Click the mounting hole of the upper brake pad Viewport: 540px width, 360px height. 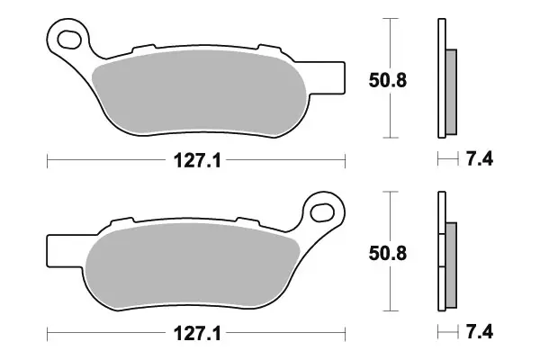click(x=68, y=38)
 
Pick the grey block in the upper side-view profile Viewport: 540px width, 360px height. click(x=452, y=90)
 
